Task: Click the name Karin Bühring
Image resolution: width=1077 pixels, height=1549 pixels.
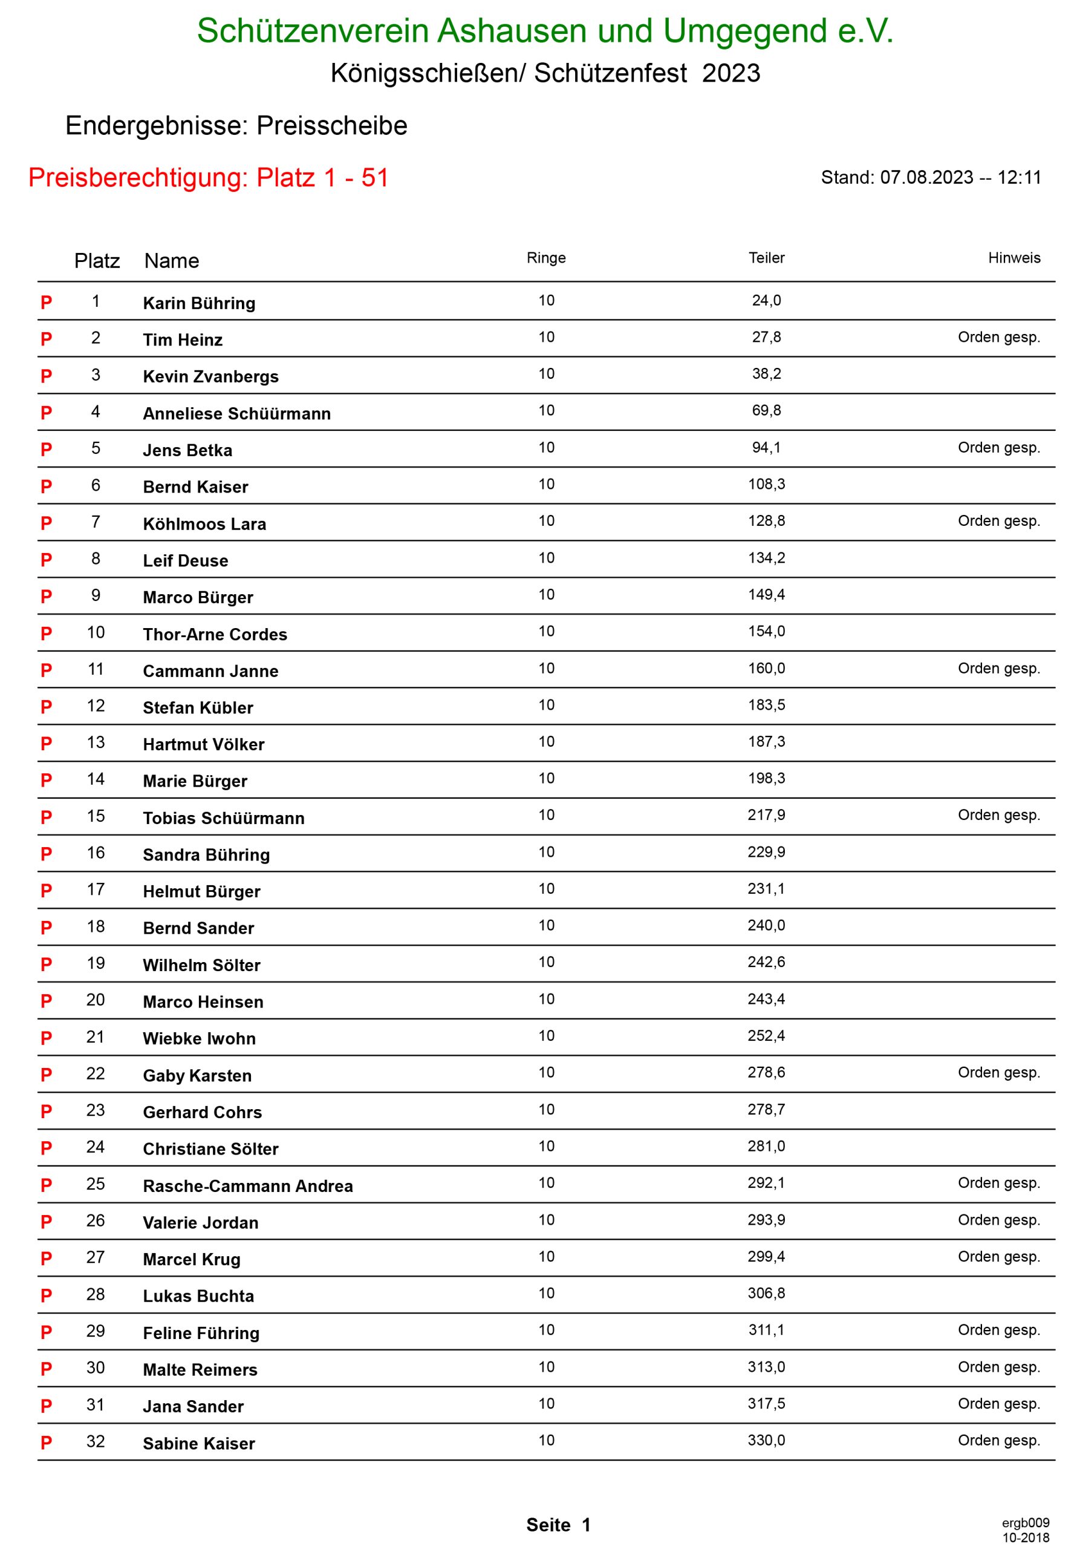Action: [199, 303]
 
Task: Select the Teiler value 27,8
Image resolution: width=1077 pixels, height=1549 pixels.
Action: [766, 336]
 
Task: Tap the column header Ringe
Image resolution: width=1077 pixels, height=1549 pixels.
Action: [545, 258]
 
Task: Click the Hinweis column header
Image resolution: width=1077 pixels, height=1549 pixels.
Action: [1014, 258]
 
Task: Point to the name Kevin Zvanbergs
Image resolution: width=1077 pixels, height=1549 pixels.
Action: [210, 376]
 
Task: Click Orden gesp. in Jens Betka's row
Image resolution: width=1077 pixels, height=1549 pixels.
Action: [998, 447]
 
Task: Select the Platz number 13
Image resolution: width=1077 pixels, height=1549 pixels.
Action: [96, 742]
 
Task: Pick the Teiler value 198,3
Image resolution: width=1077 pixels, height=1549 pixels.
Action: [766, 778]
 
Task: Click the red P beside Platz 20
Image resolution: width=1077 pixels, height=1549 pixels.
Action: [46, 1001]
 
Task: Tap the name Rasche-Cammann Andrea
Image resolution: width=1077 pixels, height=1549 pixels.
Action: [247, 1186]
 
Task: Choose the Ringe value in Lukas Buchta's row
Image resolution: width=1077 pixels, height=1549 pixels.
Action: [545, 1292]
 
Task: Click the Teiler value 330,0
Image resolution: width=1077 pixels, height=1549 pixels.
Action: [766, 1439]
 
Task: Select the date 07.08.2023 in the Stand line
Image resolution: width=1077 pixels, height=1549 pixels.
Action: [926, 177]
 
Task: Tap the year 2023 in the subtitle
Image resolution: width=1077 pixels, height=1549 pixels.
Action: [731, 73]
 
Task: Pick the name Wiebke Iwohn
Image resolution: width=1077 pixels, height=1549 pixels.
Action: [199, 1038]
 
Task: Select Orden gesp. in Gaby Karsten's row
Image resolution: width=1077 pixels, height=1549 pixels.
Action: [998, 1072]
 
